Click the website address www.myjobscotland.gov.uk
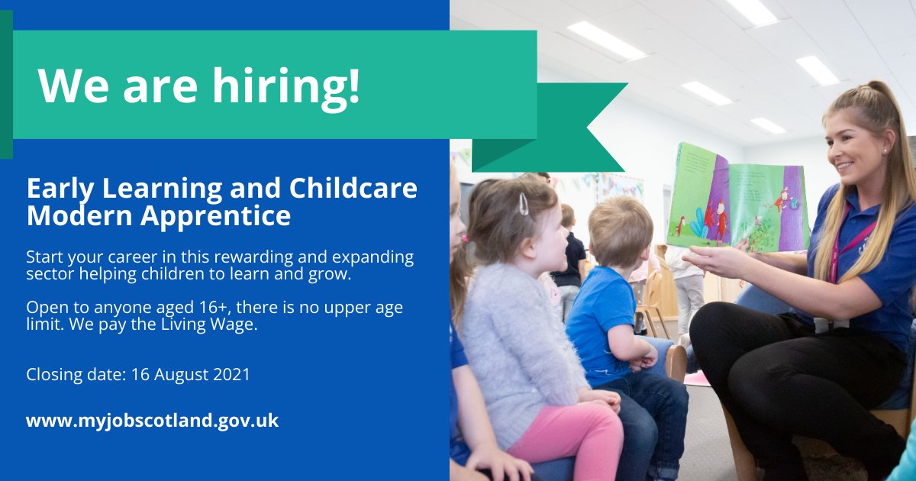(153, 421)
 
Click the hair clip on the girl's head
(523, 203)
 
